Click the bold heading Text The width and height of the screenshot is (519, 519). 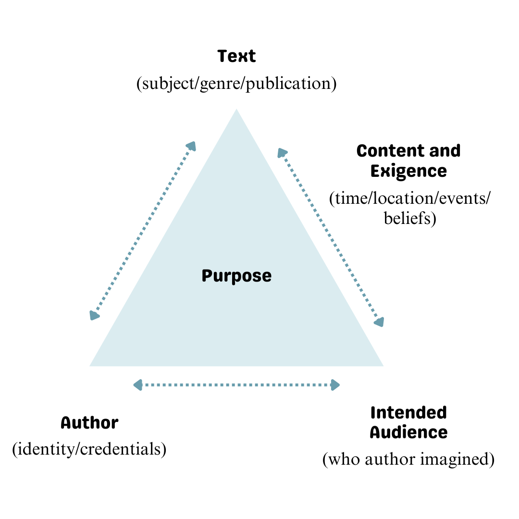pyautogui.click(x=236, y=56)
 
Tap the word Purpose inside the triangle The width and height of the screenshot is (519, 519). pyautogui.click(x=236, y=276)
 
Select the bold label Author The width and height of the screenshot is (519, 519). pyautogui.click(x=89, y=423)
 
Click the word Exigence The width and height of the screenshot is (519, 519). pyautogui.click(x=408, y=172)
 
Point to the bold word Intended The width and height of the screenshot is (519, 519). pyautogui.click(x=408, y=413)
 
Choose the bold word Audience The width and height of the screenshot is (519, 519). pyautogui.click(x=408, y=432)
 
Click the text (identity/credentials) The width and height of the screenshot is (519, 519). pyautogui.click(x=89, y=449)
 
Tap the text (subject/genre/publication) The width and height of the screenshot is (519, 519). pyautogui.click(x=236, y=84)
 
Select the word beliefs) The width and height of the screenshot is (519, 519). pyautogui.click(x=410, y=219)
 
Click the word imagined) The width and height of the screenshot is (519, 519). pyautogui.click(x=457, y=459)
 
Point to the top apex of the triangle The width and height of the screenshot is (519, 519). pyautogui.click(x=236, y=109)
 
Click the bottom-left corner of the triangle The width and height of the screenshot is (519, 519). pyautogui.click(x=90, y=366)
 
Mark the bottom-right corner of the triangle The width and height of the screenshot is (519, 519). pyautogui.click(x=383, y=366)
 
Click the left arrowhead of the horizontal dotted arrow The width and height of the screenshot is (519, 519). pyautogui.click(x=138, y=385)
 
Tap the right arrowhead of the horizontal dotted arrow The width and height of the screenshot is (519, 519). pyautogui.click(x=335, y=385)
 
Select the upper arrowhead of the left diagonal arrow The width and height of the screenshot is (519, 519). pyautogui.click(x=192, y=146)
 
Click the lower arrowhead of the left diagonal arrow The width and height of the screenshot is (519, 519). pyautogui.click(x=94, y=315)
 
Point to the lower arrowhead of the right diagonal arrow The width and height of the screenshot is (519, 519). pyautogui.click(x=379, y=322)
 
